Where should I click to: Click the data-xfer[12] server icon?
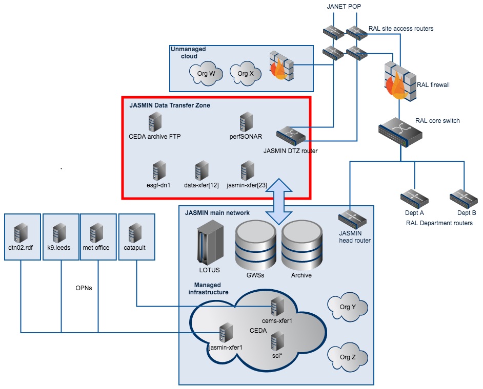point(201,169)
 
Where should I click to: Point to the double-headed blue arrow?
point(277,200)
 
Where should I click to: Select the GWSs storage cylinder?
point(254,245)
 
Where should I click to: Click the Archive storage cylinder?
point(301,245)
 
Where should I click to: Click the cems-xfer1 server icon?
point(277,307)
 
